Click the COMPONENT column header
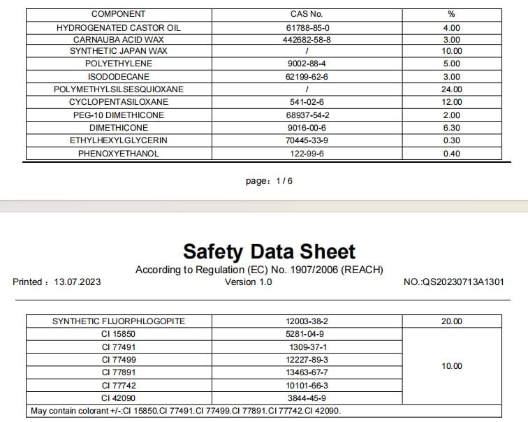point(118,14)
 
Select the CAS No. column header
point(306,14)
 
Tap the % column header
point(451,14)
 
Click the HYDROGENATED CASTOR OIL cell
point(118,27)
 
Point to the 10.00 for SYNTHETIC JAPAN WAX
point(452,51)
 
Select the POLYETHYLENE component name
point(118,64)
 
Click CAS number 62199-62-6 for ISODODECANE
point(307,76)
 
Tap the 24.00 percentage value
point(452,89)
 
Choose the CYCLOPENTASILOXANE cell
point(118,102)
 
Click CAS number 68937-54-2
point(307,115)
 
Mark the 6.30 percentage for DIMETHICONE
point(452,128)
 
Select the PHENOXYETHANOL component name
point(118,154)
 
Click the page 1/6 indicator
point(269,182)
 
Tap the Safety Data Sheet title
point(269,252)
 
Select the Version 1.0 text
point(249,282)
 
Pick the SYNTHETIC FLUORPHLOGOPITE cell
point(118,321)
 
